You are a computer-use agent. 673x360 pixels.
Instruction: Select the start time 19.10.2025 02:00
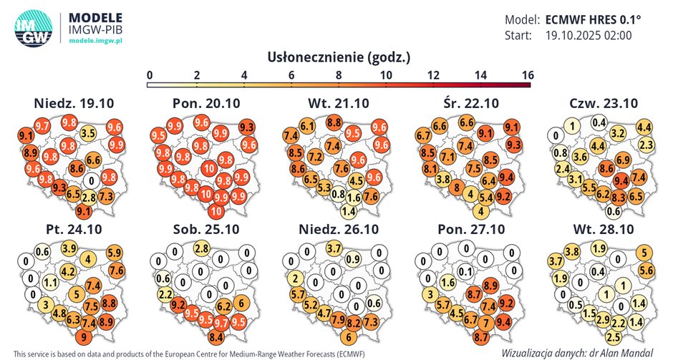coord(589,35)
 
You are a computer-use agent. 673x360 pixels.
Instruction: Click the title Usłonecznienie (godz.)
coord(338,57)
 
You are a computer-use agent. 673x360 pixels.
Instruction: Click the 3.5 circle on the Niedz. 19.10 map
coord(88,132)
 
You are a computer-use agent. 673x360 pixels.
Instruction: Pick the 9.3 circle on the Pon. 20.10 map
coord(246,127)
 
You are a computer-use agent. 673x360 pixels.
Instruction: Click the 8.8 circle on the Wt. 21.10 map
coord(334,123)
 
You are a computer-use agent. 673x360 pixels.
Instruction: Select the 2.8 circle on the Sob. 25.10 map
coord(202,248)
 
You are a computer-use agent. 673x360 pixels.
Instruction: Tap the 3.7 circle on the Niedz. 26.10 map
coord(334,248)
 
